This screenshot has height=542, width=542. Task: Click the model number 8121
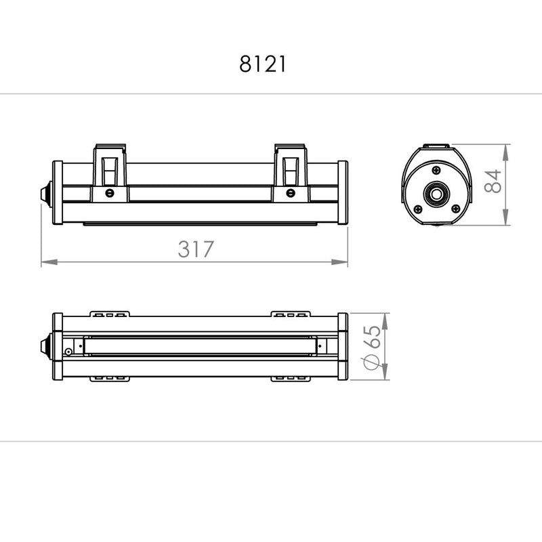[263, 64]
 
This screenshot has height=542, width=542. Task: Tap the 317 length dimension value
[196, 249]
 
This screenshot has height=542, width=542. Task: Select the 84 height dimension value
[493, 181]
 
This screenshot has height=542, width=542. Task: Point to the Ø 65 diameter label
[371, 348]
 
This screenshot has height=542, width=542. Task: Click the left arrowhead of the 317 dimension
[49, 262]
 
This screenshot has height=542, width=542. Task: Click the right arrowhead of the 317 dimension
[339, 262]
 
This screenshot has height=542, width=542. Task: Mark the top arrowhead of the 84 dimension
[505, 152]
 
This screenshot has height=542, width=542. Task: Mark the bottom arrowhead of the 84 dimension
[505, 217]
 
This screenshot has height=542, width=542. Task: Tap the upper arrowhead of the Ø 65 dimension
[385, 321]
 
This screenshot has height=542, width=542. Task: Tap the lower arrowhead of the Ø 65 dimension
[385, 372]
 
